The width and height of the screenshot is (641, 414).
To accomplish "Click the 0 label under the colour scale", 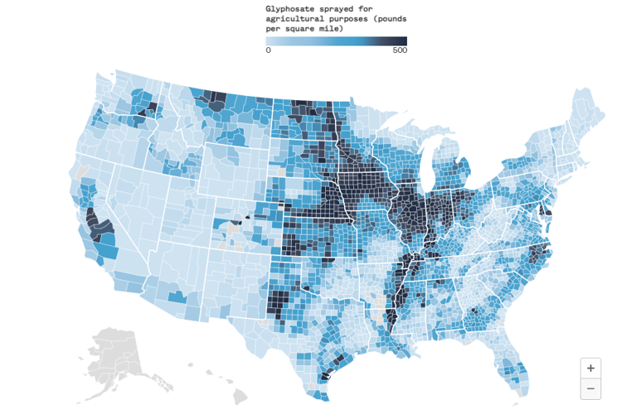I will [268, 51].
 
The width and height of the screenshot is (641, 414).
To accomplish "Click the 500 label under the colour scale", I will [399, 51].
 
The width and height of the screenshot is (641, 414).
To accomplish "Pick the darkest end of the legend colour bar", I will [403, 41].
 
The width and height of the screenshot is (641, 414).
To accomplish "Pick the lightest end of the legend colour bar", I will [269, 41].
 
